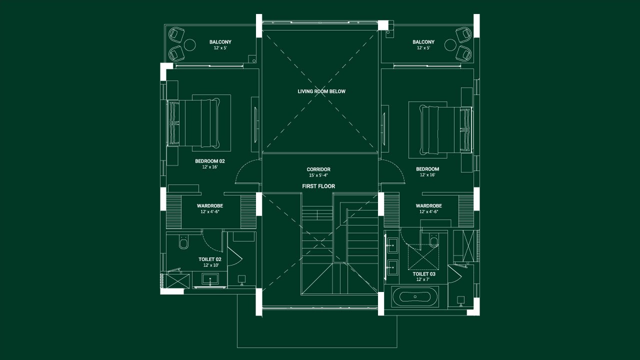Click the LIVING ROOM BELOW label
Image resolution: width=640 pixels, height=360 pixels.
[x=321, y=91]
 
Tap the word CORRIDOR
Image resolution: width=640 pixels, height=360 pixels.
[x=318, y=169]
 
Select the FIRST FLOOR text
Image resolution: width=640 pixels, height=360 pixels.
[x=318, y=186]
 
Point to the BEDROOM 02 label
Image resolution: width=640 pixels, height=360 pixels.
[x=210, y=161]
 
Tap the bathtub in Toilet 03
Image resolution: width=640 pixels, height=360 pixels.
[x=415, y=297]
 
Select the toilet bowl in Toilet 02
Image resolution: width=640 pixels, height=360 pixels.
[x=183, y=243]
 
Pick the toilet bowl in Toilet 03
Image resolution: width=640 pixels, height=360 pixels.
[x=433, y=242]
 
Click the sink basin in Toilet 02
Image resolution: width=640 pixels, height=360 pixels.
[x=210, y=279]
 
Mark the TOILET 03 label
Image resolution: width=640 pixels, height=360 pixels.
[x=423, y=274]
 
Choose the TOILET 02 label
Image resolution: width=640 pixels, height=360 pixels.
[x=209, y=259]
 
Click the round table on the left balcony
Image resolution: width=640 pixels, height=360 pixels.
[x=190, y=45]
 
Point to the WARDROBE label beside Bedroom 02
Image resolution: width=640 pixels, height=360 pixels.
[x=210, y=206]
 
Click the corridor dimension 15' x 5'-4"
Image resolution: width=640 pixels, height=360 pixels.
[x=318, y=175]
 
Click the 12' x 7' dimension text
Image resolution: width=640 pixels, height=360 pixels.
[x=423, y=279]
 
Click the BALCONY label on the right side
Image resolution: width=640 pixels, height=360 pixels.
[x=423, y=42]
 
